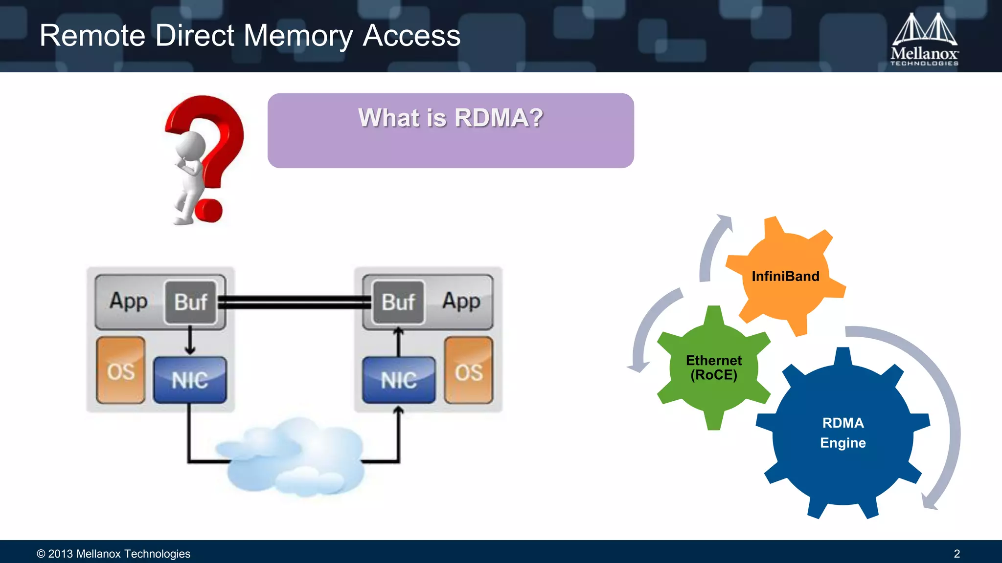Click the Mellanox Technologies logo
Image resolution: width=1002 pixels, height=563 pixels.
pos(924,39)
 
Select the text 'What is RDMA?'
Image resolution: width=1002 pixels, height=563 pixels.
pos(451,118)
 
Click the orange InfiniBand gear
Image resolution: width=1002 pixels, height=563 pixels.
pos(786,276)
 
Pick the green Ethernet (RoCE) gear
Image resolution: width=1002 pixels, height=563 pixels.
pos(714,368)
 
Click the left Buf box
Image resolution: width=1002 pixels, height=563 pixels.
pos(191,302)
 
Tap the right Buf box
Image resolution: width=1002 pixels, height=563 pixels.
pos(399,302)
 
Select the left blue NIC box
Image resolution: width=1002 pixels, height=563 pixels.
pos(190,380)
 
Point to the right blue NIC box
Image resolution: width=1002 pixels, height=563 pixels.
pos(399,380)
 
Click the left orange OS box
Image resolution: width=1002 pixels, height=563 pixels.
pos(121,370)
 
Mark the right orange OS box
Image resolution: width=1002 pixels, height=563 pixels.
pos(469,370)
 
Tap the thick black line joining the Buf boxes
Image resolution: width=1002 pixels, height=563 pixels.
pos(295,302)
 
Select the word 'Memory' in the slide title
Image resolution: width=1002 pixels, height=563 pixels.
pos(298,36)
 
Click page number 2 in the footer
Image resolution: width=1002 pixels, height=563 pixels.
pos(956,554)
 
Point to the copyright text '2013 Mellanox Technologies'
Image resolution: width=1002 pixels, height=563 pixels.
pos(119,554)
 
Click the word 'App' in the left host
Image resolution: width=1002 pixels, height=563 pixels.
pos(128,301)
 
